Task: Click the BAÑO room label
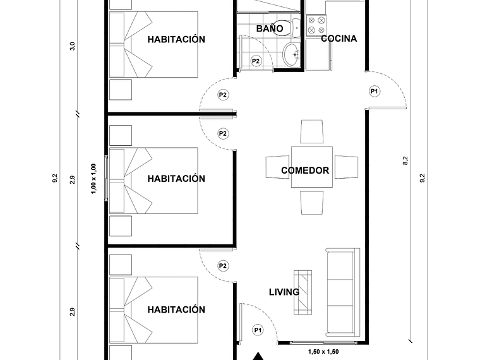270,28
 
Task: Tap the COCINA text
339,39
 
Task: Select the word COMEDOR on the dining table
305,171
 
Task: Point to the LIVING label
284,292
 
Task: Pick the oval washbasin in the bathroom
292,54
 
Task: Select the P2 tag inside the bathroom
256,61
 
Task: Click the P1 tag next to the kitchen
375,91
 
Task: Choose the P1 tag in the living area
258,330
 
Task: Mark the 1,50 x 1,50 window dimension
322,352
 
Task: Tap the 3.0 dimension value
73,46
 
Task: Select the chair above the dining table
312,132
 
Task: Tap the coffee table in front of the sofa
303,291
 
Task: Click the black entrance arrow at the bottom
258,356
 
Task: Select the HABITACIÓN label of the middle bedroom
176,179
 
